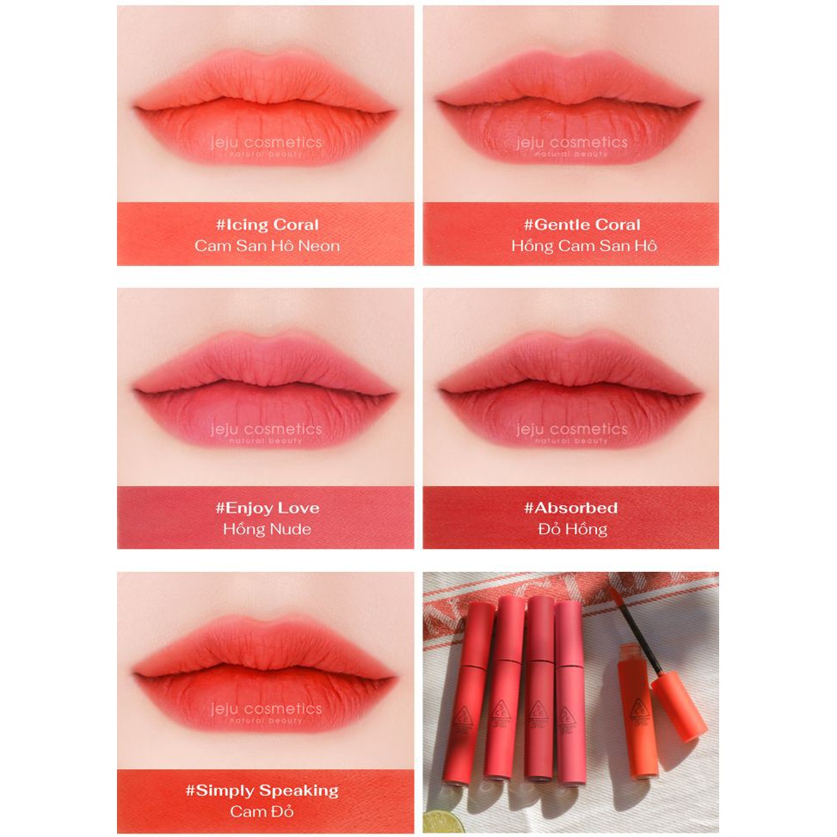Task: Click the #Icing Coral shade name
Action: [x=267, y=225]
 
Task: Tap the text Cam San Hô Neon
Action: [x=267, y=246]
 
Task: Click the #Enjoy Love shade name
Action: [x=267, y=508]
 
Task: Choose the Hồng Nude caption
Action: [x=267, y=529]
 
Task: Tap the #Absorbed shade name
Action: [x=571, y=508]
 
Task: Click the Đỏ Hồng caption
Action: [x=571, y=529]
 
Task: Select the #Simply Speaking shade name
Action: [x=267, y=791]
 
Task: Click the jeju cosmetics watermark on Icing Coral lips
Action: [x=267, y=144]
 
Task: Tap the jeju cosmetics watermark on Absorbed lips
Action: [x=571, y=430]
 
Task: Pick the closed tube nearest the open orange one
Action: [x=570, y=688]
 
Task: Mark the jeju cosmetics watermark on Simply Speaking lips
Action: [x=267, y=711]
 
